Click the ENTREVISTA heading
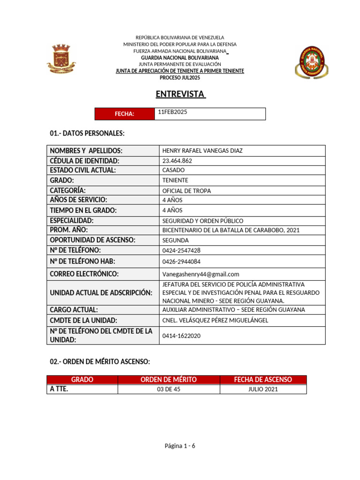(x=180, y=94)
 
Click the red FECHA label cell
(x=125, y=114)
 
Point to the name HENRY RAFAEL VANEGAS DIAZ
(x=202, y=150)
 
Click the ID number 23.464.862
(x=177, y=160)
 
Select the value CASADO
(x=173, y=170)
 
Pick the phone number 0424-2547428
(x=181, y=250)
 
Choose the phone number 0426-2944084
(x=181, y=262)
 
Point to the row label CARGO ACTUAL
(x=74, y=310)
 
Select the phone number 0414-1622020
(x=181, y=336)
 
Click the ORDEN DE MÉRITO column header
(x=169, y=380)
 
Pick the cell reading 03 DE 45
(x=169, y=390)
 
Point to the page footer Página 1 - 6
(x=180, y=446)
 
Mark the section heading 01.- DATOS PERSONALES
(x=87, y=134)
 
